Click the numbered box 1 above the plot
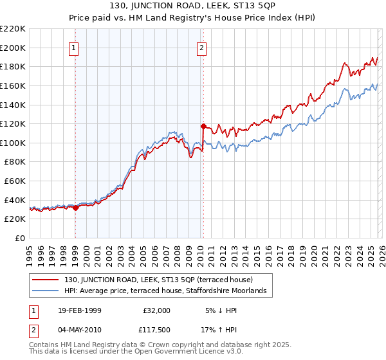[x=75, y=48]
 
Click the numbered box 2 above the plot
[x=202, y=48]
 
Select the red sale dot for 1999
[x=75, y=207]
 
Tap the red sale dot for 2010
[x=203, y=127]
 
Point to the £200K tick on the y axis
[x=13, y=48]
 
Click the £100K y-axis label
[x=13, y=143]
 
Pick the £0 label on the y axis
[x=19, y=238]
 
